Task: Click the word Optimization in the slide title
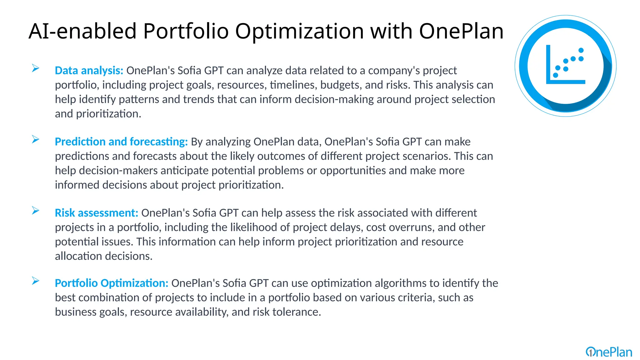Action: pyautogui.click(x=299, y=31)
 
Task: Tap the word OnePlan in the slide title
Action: pyautogui.click(x=461, y=31)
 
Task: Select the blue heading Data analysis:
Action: pyautogui.click(x=89, y=71)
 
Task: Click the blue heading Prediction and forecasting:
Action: pyautogui.click(x=121, y=142)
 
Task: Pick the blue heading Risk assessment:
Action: pyautogui.click(x=96, y=213)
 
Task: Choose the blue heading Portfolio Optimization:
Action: pyautogui.click(x=112, y=283)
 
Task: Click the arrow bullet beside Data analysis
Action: pyautogui.click(x=36, y=68)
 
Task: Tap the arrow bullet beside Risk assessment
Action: pyautogui.click(x=36, y=211)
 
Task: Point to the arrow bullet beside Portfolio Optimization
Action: pyautogui.click(x=36, y=281)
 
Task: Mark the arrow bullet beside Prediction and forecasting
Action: pyautogui.click(x=36, y=139)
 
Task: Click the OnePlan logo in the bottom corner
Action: pyautogui.click(x=609, y=352)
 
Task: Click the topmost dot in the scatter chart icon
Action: pyautogui.click(x=581, y=50)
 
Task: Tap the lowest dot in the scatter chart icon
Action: pyautogui.click(x=555, y=75)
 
